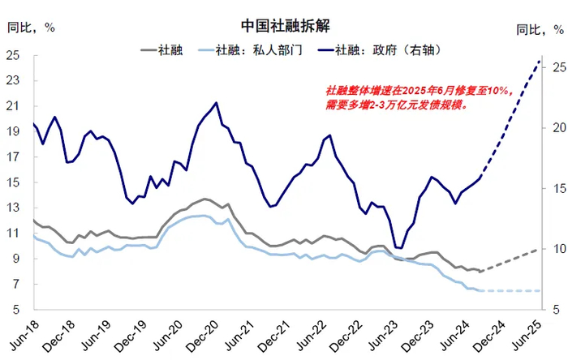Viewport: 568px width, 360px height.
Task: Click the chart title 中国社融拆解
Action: point(284,27)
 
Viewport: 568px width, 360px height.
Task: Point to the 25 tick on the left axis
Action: point(13,55)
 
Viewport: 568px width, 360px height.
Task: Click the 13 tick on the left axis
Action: point(13,208)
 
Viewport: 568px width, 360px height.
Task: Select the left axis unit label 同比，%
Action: point(31,27)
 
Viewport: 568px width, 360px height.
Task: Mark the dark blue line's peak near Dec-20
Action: point(216,103)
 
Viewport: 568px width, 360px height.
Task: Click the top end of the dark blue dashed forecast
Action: point(540,61)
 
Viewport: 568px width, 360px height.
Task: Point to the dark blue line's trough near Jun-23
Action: point(398,247)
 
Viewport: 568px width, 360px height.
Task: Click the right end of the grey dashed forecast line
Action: point(540,249)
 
